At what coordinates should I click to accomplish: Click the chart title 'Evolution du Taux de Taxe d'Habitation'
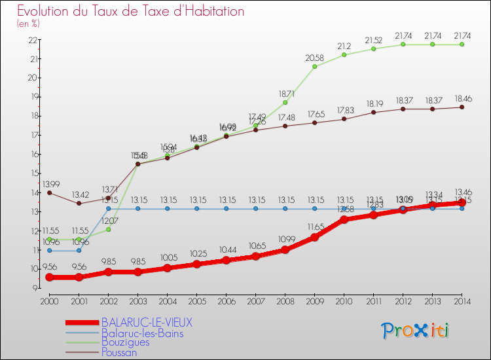[x=131, y=12]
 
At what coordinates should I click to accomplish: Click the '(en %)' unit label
[x=28, y=24]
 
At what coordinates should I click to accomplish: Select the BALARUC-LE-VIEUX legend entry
[x=147, y=323]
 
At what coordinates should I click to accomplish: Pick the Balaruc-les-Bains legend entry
[x=142, y=333]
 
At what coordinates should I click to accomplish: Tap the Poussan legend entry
[x=119, y=352]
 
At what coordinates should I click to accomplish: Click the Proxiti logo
[x=416, y=331]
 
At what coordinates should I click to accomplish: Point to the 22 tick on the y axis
[x=31, y=40]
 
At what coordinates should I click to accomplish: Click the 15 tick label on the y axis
[x=31, y=173]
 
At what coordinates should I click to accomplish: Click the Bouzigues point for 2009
[x=314, y=67]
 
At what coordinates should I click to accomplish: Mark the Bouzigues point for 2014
[x=462, y=45]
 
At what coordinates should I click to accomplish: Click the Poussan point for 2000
[x=49, y=192]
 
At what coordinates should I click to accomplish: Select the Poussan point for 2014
[x=462, y=107]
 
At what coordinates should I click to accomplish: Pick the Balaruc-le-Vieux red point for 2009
[x=314, y=237]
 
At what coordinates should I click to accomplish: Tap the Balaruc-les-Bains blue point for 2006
[x=226, y=209]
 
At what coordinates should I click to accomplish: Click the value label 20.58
[x=315, y=58]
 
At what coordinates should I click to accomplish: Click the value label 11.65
[x=315, y=227]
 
